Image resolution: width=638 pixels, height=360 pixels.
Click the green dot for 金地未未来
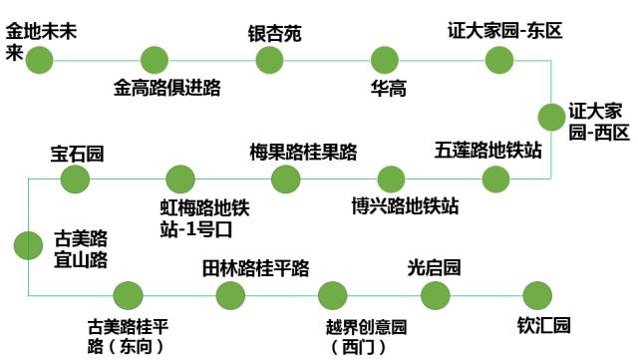coord(40,60)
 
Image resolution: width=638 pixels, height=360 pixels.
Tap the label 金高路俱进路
coord(166,88)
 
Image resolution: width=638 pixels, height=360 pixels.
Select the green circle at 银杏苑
coord(270,60)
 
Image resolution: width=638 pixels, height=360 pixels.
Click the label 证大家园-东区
coord(505,31)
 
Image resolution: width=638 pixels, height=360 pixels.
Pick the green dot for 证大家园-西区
coord(551,118)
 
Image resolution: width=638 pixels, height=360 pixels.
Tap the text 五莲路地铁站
coord(488,151)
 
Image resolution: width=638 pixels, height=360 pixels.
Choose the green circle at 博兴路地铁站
coord(392,180)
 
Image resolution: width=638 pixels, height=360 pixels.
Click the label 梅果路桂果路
coord(303,152)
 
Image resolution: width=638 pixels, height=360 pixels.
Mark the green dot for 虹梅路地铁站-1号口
coord(180,180)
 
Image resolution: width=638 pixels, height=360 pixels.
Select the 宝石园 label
coord(78,154)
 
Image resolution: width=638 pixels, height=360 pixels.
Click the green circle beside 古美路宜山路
coord(28,245)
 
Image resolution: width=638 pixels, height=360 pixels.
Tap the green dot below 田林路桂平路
coord(230,295)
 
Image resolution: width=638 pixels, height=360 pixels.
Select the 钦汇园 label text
coord(543,326)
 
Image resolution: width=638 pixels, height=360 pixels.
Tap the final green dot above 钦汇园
coord(536,295)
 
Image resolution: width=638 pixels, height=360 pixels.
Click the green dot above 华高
coord(385,60)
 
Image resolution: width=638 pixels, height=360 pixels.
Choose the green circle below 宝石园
coord(76,180)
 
